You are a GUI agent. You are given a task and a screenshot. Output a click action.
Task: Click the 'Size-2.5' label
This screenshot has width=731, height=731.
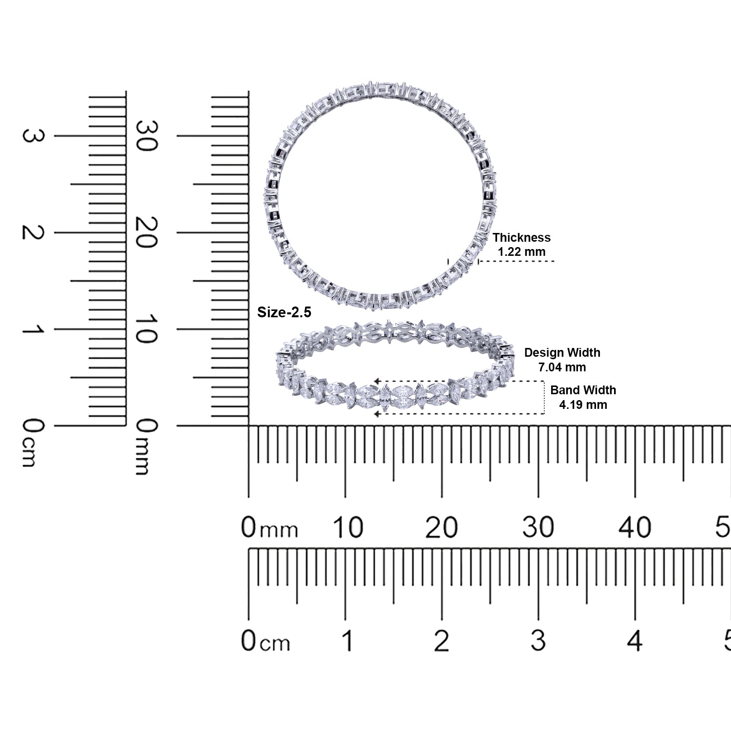(284, 312)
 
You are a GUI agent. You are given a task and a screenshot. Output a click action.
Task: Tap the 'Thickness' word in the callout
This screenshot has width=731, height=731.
(521, 237)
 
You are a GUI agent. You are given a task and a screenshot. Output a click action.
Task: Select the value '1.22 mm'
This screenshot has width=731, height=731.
(521, 252)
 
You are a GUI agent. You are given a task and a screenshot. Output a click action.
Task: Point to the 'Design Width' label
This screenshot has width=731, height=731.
(562, 353)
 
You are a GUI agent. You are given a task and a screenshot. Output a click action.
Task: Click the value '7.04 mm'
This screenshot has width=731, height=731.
(562, 367)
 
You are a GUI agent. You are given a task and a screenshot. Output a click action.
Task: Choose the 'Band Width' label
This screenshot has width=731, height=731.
(583, 390)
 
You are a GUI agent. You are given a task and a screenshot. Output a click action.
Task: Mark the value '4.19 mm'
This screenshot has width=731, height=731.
(583, 404)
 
